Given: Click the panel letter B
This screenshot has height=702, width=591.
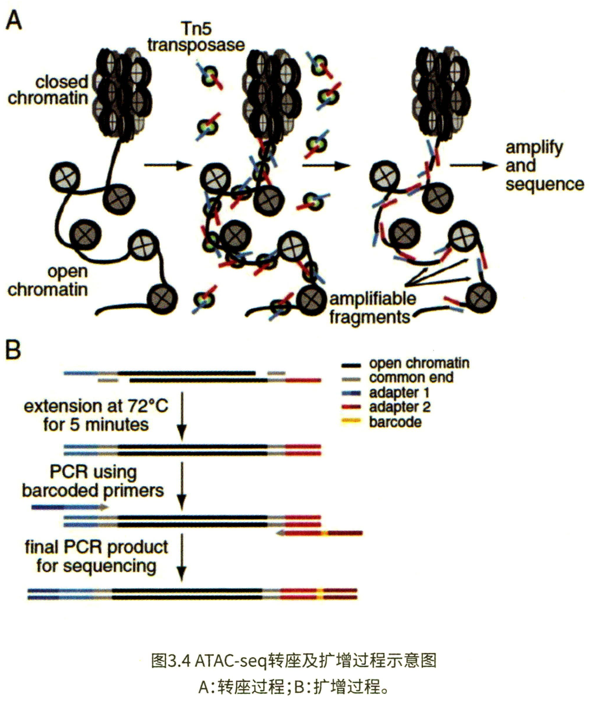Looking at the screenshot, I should [13, 349].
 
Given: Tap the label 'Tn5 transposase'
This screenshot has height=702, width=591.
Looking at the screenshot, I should [196, 36].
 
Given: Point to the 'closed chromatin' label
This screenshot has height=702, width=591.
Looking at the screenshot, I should [48, 90].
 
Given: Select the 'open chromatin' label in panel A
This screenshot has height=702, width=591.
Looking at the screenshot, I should [48, 280].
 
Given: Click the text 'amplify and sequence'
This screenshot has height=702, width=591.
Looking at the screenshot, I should [544, 165].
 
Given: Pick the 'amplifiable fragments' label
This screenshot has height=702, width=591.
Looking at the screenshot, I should [372, 308].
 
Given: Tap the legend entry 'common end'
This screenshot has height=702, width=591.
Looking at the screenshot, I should [411, 378].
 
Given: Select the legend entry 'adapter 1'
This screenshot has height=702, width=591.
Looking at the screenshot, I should [399, 393].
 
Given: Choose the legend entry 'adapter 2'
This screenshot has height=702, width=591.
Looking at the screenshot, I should [399, 407].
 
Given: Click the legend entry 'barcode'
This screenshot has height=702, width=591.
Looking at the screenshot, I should [395, 422].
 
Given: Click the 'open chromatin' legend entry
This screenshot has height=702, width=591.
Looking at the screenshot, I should [419, 363].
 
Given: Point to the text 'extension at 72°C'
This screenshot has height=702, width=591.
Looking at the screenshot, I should [96, 406].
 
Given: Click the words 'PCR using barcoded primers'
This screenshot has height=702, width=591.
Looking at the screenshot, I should [93, 481].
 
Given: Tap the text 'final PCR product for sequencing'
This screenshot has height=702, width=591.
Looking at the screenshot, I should [97, 556].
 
